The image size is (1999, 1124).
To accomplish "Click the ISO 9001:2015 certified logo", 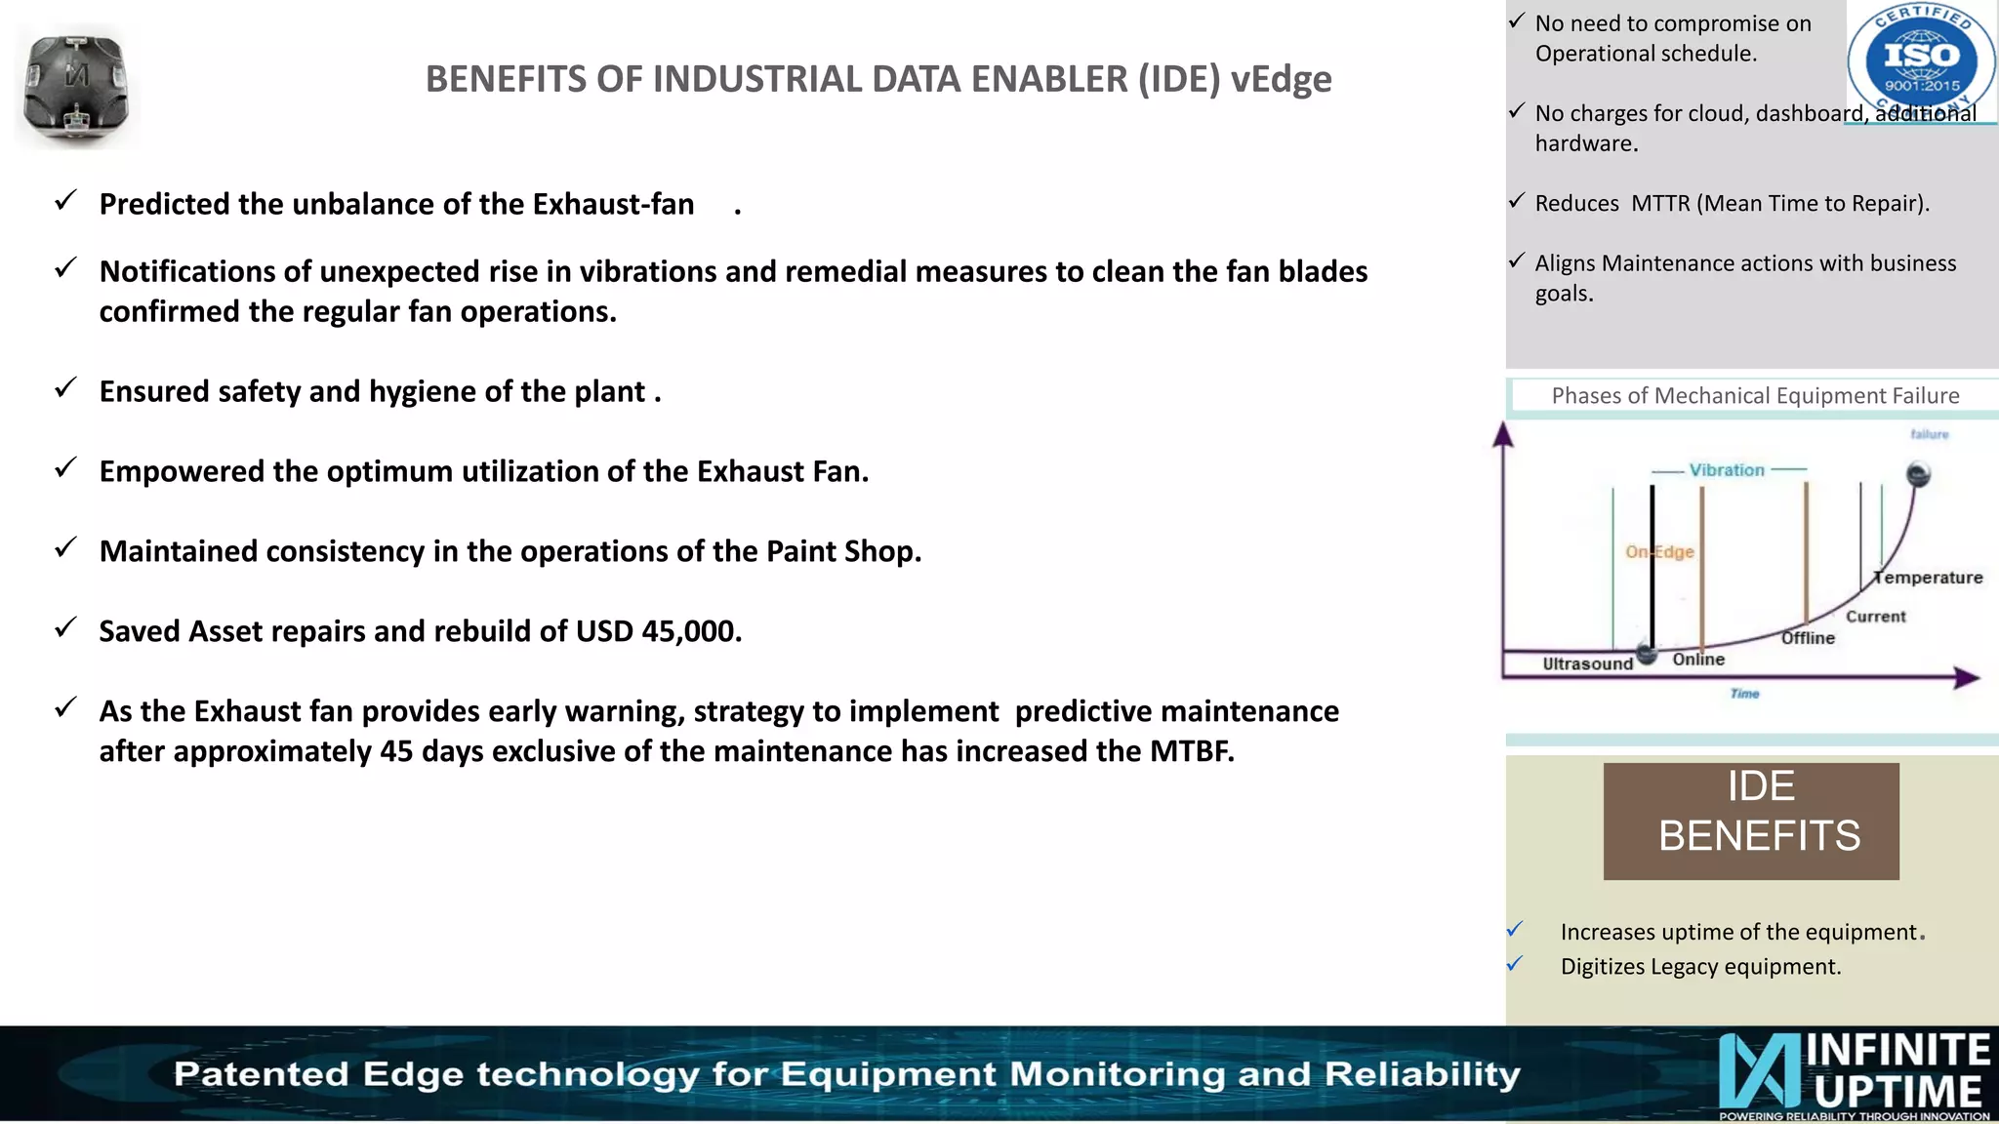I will point(1921,60).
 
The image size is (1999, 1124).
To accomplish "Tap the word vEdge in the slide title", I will point(1281,79).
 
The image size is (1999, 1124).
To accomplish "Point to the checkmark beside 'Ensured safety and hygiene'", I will point(65,389).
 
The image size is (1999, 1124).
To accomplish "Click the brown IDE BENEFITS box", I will point(1751,821).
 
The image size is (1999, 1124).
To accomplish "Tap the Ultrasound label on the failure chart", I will point(1587,663).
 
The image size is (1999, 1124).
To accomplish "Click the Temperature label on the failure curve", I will point(1929,578).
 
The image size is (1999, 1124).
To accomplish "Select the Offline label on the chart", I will point(1808,638).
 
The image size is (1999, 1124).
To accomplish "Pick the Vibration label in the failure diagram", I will point(1727,470).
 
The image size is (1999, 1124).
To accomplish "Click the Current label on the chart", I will point(1875,617).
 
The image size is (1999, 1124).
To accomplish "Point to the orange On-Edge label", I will point(1659,552).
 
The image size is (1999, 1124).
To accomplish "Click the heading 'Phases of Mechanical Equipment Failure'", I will point(1755,396).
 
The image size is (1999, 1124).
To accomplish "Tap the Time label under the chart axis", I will point(1744,694).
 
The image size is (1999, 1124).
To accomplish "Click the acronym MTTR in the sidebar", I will point(1660,203).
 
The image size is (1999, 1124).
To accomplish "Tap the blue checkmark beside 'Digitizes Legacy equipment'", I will point(1515,964).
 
